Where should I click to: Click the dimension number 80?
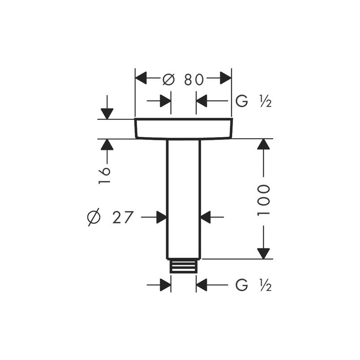pyautogui.click(x=194, y=80)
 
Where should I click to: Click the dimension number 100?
pyautogui.click(x=263, y=200)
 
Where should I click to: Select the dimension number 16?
pyautogui.click(x=104, y=175)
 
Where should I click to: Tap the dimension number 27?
pyautogui.click(x=123, y=217)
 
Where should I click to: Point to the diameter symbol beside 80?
pyautogui.click(x=169, y=80)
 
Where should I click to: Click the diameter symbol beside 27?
pyautogui.click(x=94, y=217)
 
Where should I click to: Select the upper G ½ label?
pyautogui.click(x=253, y=101)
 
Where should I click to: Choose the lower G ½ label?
pyautogui.click(x=253, y=285)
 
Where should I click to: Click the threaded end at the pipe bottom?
pyautogui.click(x=184, y=266)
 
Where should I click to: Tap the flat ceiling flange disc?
pyautogui.click(x=184, y=129)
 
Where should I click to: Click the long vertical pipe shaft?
pyautogui.click(x=184, y=199)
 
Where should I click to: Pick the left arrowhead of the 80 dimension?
pyautogui.click(x=141, y=78)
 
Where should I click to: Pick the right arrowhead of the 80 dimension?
pyautogui.click(x=226, y=78)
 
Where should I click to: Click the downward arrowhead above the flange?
pyautogui.click(x=107, y=114)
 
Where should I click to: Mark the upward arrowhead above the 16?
pyautogui.click(x=107, y=144)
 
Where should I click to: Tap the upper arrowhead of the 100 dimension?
pyautogui.click(x=263, y=144)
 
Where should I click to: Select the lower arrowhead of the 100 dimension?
pyautogui.click(x=263, y=254)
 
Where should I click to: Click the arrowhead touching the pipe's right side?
pyautogui.click(x=206, y=217)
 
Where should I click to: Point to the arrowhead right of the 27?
pyautogui.click(x=162, y=217)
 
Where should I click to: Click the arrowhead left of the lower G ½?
pyautogui.click(x=202, y=285)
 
